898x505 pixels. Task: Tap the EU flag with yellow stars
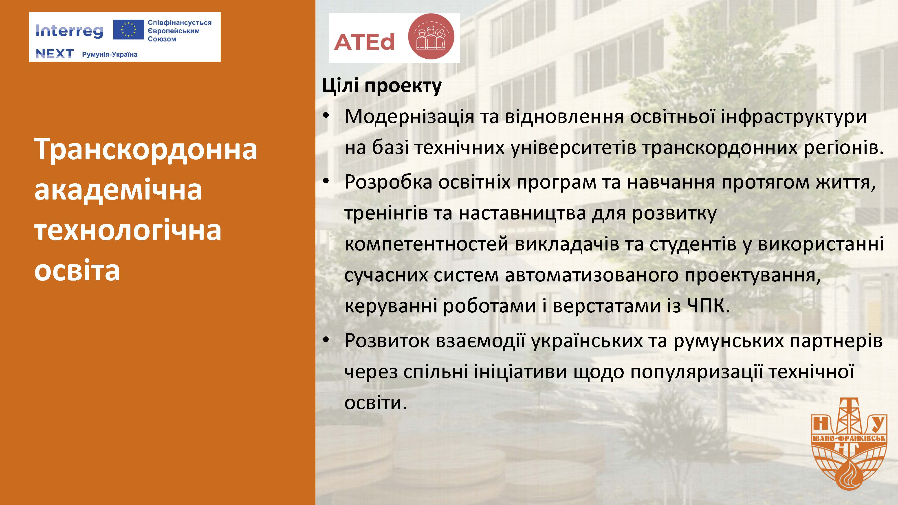[x=128, y=30]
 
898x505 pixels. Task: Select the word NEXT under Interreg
[x=55, y=54]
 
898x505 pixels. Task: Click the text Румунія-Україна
[x=110, y=54]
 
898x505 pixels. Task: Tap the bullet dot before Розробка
[x=326, y=182]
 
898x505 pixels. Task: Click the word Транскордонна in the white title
[x=146, y=149]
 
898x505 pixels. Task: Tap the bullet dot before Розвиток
[x=326, y=340]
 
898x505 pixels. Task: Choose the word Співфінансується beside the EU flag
[x=180, y=23]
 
